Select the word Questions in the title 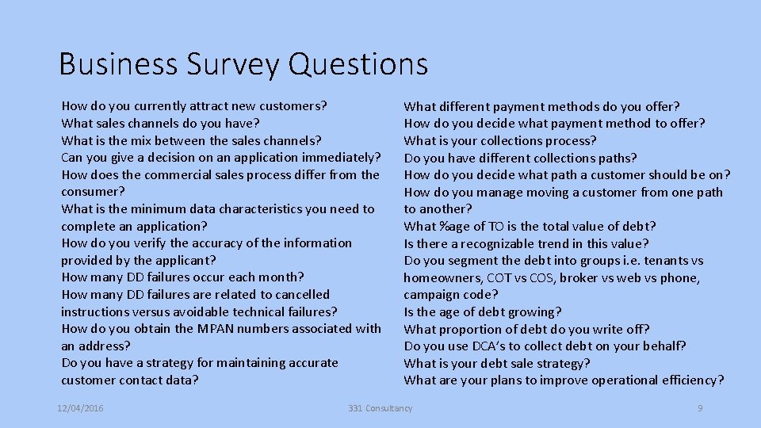(x=358, y=63)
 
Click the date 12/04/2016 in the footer (x=80, y=408)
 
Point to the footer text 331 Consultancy (x=380, y=408)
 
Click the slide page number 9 (x=700, y=408)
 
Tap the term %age (x=455, y=226)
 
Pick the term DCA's (x=491, y=346)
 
